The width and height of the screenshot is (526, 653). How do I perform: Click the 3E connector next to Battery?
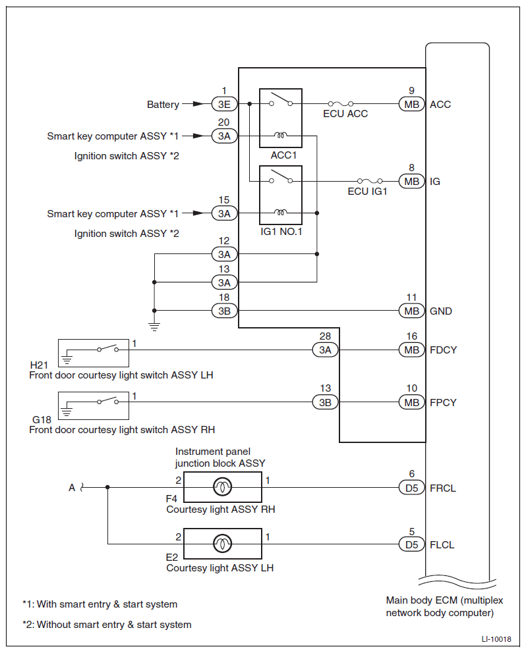point(224,104)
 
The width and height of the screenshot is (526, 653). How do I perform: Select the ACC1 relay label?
point(283,155)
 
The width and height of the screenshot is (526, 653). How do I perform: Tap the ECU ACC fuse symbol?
point(341,103)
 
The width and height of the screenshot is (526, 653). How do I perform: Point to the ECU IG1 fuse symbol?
point(370,181)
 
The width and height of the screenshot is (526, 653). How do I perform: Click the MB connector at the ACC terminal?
point(412,104)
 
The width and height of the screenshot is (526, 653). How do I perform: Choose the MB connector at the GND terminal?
point(412,311)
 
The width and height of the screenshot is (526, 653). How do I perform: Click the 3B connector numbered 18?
point(224,311)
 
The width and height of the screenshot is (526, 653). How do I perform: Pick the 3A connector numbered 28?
point(325,350)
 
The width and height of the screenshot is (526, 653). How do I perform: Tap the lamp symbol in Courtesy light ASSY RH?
point(222,487)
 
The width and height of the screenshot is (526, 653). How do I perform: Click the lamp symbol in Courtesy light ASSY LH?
point(222,544)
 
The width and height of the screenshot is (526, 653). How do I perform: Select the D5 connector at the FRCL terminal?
point(412,488)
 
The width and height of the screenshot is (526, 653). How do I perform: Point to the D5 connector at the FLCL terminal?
point(412,544)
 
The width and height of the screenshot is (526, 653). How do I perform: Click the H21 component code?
point(39,365)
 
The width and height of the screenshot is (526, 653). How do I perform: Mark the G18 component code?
point(42,420)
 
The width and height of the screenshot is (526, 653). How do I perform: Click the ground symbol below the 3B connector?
point(154,326)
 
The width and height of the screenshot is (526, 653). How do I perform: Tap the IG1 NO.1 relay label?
point(281,232)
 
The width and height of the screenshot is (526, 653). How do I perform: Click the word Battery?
point(163,105)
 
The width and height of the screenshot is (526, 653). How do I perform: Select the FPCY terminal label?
point(443,403)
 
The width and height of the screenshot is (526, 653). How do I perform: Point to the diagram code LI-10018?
point(496,639)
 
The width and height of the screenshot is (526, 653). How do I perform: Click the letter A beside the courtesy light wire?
point(72,488)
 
